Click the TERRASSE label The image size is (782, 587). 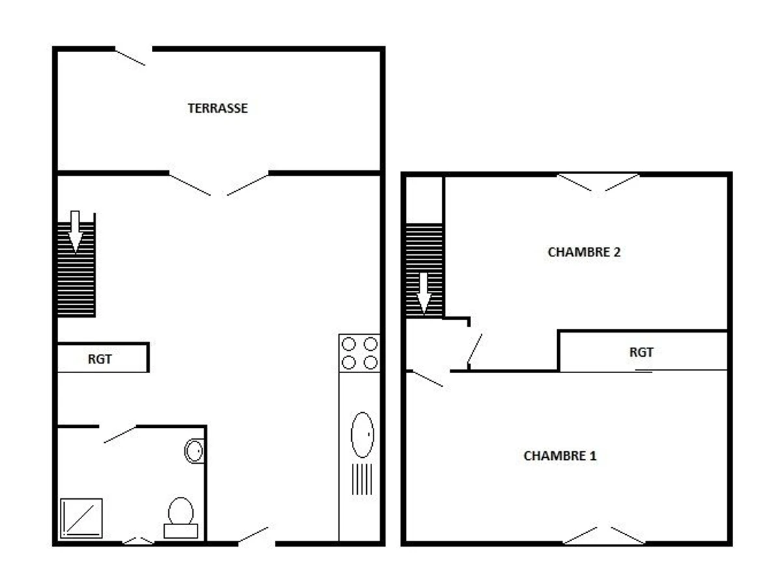pos(217,108)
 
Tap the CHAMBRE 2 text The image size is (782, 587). pos(584,252)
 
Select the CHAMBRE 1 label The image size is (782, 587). pos(560,455)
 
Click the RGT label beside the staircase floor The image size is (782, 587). pos(100,359)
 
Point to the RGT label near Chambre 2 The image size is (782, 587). pos(641,352)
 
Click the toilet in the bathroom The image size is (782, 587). pos(181,517)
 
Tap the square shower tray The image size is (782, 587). pos(81,519)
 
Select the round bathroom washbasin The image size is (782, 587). pos(194,451)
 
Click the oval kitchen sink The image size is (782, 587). pos(362,435)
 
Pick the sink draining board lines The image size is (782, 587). pos(362,479)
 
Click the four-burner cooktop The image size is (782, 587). pos(360,354)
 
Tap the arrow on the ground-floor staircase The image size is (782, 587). pos(75,232)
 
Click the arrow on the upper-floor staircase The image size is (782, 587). pos(424,293)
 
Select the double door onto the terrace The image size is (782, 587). pos(219,183)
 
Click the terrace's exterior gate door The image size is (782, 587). pos(130,57)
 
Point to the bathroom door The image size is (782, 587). pos(120,434)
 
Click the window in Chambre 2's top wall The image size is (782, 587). pos(598,182)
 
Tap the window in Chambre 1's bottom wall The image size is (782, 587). pos(604,535)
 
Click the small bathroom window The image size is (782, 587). pos(139,541)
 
